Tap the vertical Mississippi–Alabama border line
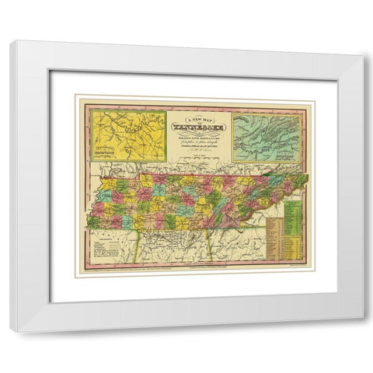coord(139,249)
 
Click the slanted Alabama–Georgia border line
coord(211,249)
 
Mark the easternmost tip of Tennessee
coord(308,176)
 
